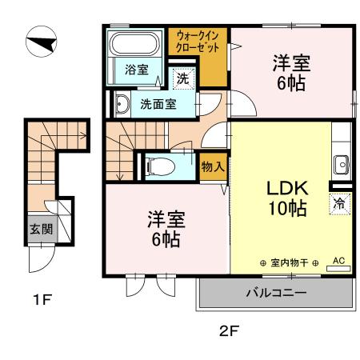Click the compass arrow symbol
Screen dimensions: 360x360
point(41,41)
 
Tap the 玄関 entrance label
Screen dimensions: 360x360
point(40,228)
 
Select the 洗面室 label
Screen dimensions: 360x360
point(158,104)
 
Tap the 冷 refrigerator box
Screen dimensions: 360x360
point(339,203)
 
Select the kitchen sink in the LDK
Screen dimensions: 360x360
point(340,164)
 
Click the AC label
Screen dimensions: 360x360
point(337,261)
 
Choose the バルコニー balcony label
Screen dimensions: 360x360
point(274,294)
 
